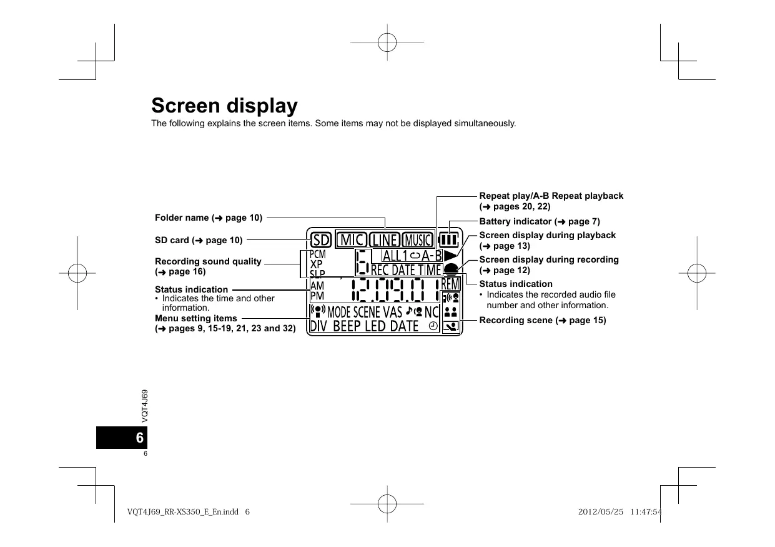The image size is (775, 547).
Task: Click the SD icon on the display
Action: (320, 240)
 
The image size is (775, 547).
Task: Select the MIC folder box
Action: (352, 240)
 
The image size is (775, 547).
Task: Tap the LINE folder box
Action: (384, 240)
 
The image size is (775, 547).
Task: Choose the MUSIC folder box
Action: (417, 240)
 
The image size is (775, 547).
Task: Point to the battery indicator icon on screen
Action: (448, 240)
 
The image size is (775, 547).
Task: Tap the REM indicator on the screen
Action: (450, 284)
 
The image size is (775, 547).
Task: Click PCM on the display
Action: (318, 254)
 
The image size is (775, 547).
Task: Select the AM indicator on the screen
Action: (317, 285)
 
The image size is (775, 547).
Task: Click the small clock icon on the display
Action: (433, 326)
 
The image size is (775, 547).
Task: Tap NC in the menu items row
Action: (432, 311)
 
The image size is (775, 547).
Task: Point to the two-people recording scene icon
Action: (450, 311)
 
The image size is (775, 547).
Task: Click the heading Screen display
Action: (224, 105)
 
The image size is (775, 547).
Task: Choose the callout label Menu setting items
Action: (196, 318)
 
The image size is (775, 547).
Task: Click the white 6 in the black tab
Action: (139, 438)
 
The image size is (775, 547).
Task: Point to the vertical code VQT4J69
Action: (144, 404)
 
